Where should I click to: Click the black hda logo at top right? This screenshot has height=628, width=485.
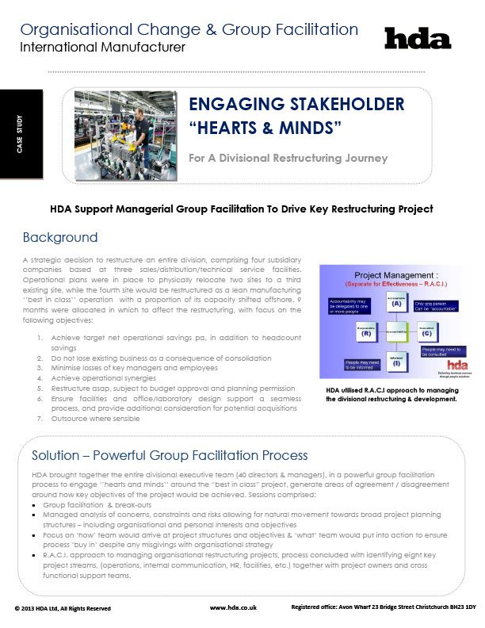click(417, 38)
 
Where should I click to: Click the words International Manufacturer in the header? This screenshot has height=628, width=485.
click(102, 48)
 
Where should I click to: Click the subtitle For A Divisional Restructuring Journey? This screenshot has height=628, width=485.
click(288, 158)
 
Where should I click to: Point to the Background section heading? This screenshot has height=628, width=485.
click(60, 237)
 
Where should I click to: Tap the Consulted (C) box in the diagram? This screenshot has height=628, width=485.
click(426, 332)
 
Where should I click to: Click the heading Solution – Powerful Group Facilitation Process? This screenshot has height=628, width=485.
click(170, 455)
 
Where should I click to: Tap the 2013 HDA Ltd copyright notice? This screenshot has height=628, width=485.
click(63, 608)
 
